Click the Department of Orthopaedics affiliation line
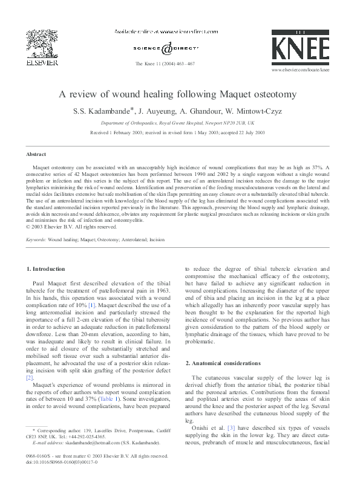180,122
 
